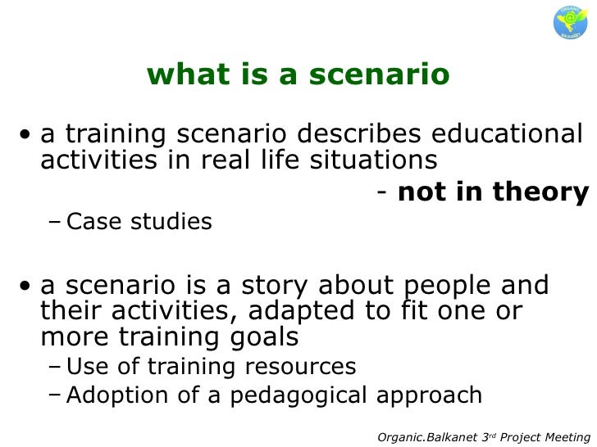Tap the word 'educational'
pyautogui.click(x=505, y=133)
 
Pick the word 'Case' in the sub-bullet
pyautogui.click(x=93, y=222)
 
